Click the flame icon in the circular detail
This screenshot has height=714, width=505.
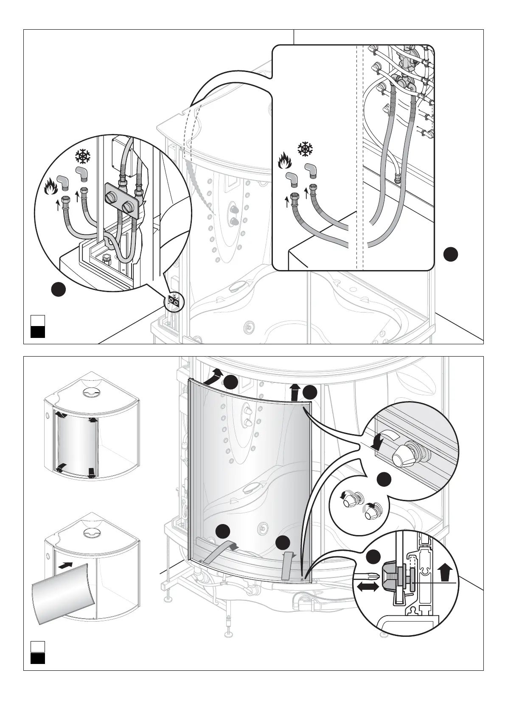click(x=50, y=186)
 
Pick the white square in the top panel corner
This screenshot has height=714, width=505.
click(x=38, y=320)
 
